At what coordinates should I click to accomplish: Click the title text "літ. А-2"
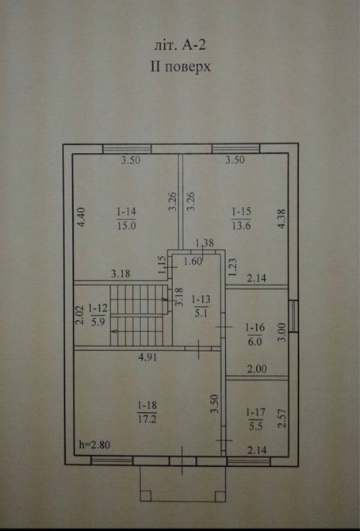[180, 45]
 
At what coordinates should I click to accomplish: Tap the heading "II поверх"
[180, 67]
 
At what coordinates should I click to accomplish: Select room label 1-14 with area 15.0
[126, 219]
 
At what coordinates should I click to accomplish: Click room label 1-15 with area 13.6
[241, 219]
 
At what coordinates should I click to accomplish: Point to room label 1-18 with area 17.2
[147, 412]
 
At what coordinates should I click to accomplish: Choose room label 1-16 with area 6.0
[255, 334]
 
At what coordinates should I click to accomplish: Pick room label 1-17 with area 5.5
[255, 419]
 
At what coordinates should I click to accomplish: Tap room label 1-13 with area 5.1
[201, 306]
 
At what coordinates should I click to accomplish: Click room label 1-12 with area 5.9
[98, 315]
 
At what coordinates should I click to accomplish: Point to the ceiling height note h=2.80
[94, 445]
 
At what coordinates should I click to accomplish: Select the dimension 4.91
[147, 357]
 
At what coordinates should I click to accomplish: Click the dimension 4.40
[82, 217]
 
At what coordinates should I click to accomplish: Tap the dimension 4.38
[282, 219]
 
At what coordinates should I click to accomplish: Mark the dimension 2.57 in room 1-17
[282, 418]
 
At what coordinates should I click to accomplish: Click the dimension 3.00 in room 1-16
[282, 332]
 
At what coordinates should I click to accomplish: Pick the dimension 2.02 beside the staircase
[79, 315]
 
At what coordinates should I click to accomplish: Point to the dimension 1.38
[205, 243]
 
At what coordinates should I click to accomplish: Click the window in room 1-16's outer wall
[293, 316]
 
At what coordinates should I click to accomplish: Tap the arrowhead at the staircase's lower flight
[114, 331]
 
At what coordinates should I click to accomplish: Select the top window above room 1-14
[127, 149]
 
